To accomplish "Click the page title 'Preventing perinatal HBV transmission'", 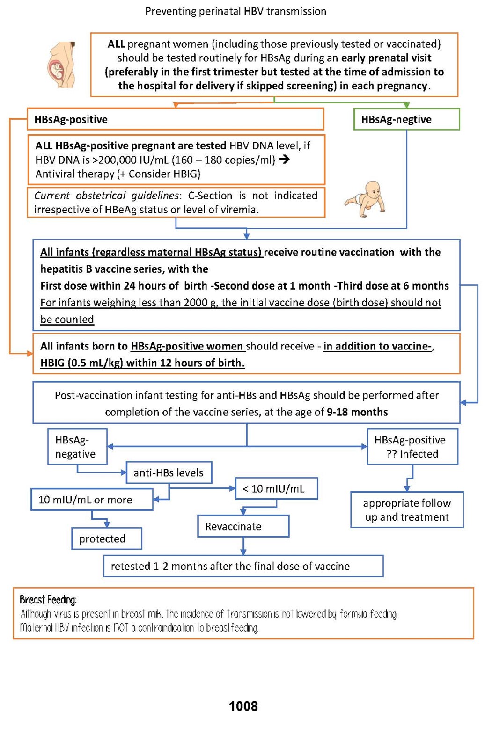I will click(x=235, y=11).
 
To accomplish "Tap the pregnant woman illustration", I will click(x=61, y=65).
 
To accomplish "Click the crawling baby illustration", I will click(x=366, y=199).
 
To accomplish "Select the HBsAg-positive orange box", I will click(x=176, y=119).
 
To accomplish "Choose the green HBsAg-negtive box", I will click(x=406, y=119).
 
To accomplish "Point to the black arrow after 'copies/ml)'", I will click(x=284, y=160).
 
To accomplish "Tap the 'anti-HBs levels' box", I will click(x=169, y=472).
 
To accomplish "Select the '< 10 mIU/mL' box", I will click(x=276, y=489).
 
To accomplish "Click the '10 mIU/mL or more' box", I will click(x=92, y=500).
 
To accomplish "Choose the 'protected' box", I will click(x=106, y=539).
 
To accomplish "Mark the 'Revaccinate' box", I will click(x=243, y=526).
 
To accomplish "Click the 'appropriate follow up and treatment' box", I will click(x=407, y=510).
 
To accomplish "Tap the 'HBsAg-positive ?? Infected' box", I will click(x=412, y=447).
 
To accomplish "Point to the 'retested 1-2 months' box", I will click(x=243, y=566).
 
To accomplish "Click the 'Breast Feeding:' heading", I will click(x=48, y=600).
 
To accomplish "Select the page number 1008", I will click(x=243, y=706).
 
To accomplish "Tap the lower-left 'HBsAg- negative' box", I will click(x=77, y=447).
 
